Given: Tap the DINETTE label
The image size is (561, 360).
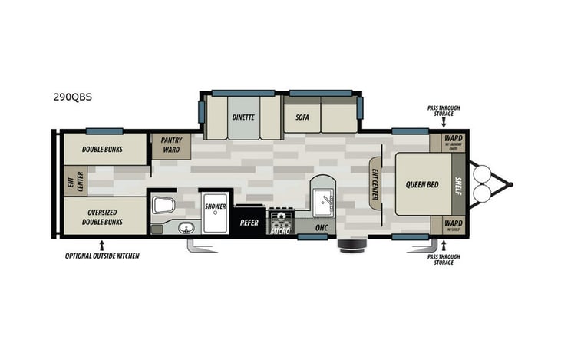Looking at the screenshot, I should (244, 118).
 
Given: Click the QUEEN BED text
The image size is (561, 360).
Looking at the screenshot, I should (421, 184).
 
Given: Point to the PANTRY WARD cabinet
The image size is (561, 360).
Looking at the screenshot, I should (170, 145).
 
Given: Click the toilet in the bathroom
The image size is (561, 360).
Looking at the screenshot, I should (163, 203).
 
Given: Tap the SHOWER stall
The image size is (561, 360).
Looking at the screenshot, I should (215, 207).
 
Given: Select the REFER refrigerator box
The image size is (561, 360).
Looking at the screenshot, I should (249, 223).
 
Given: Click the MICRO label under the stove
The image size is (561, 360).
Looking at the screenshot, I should (279, 230).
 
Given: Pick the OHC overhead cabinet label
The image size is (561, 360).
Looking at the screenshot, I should (322, 227).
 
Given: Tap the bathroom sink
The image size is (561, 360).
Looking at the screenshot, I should (184, 227).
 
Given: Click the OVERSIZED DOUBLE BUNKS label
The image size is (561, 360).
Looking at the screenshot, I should (104, 216).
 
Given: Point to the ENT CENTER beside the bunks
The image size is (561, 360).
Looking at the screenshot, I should (75, 181).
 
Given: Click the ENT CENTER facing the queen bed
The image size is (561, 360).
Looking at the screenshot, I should (375, 184).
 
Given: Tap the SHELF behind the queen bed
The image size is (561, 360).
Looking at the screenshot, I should (459, 184).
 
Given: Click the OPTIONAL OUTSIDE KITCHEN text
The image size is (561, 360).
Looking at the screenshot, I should (102, 255).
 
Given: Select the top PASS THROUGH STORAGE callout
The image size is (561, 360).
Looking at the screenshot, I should (441, 111).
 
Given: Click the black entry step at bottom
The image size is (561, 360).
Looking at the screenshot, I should (352, 246).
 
